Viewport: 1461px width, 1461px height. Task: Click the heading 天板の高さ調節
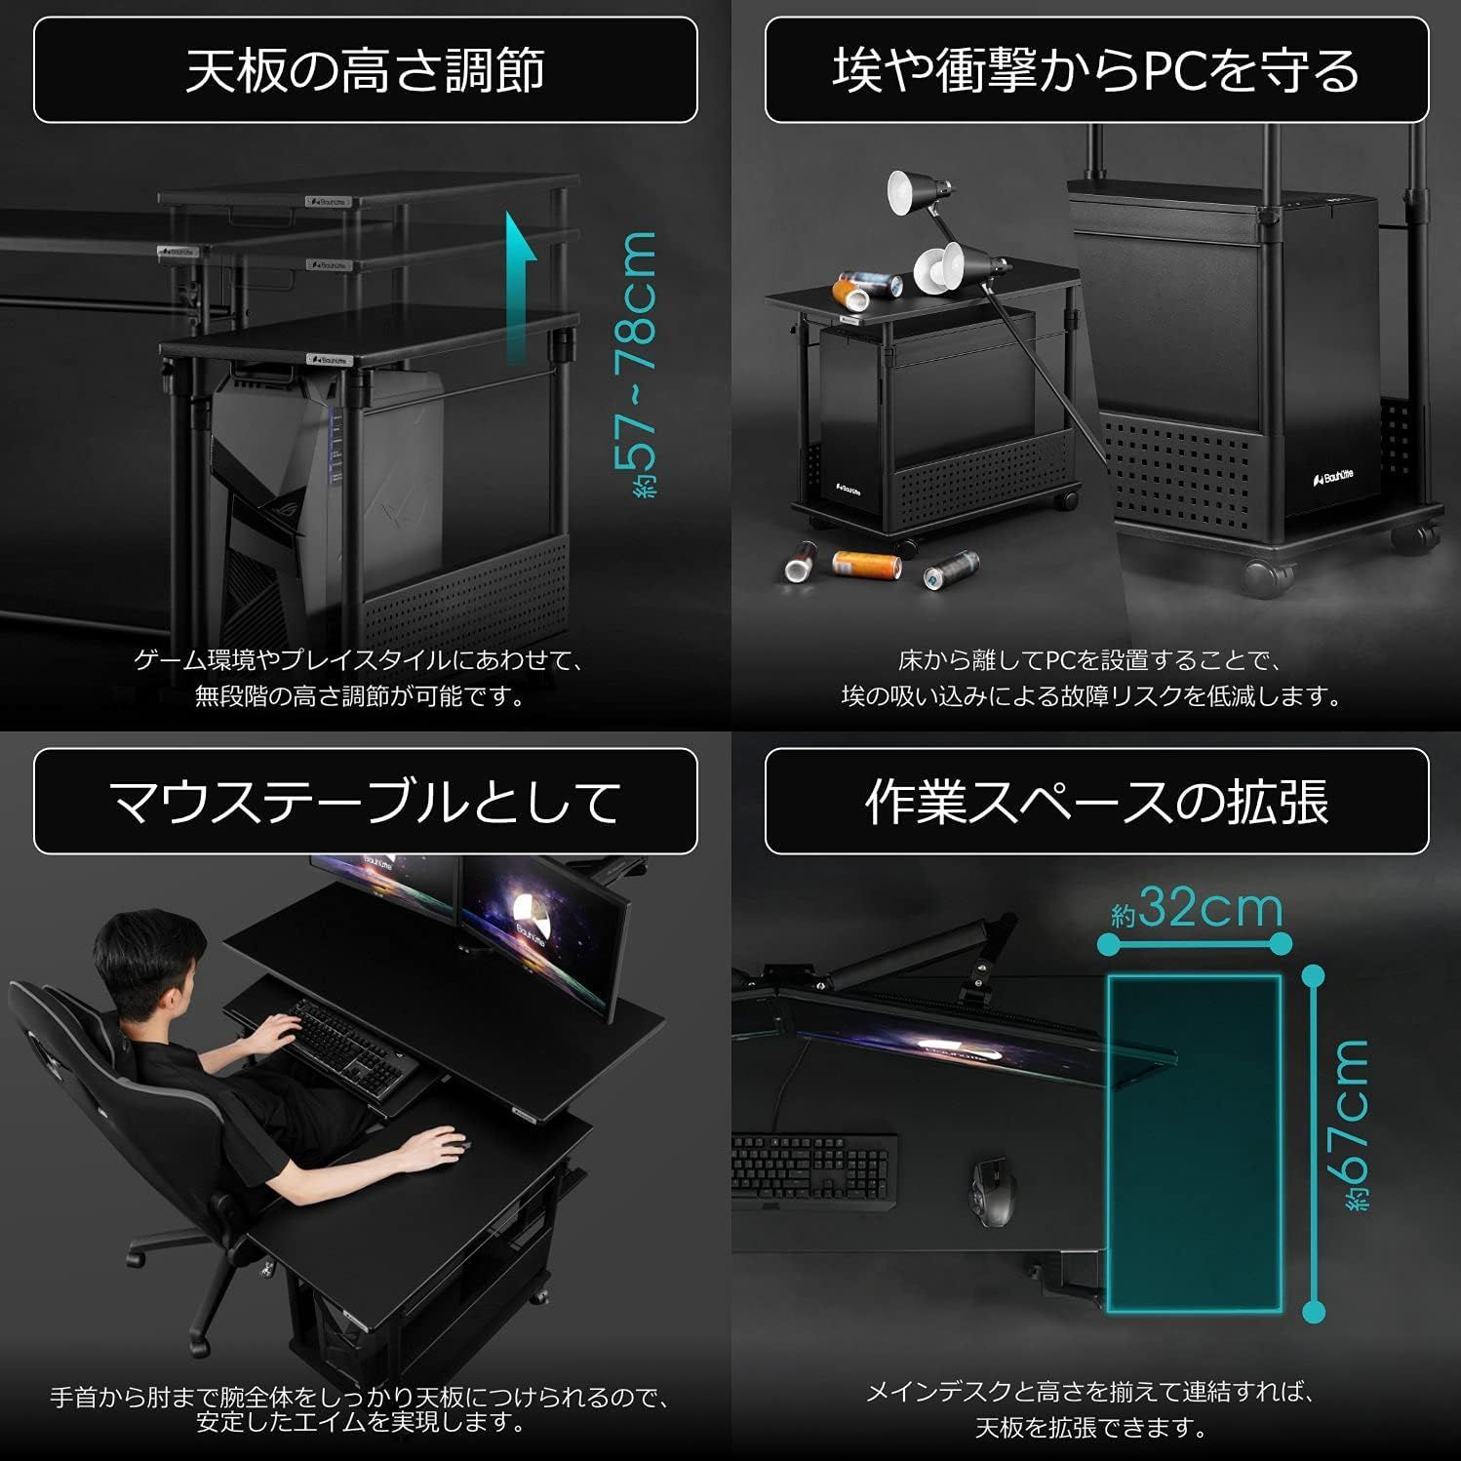coord(365,70)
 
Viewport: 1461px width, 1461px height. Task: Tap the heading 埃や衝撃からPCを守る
coord(1095,70)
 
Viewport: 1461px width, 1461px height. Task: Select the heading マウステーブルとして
coord(365,802)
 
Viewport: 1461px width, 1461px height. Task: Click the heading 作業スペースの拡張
coord(1095,802)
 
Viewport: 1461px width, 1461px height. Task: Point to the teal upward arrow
coord(521,283)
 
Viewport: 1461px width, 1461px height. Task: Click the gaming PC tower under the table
coord(322,488)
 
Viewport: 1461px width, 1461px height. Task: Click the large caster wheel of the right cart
coord(1268,575)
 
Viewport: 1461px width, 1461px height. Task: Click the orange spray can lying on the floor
coord(865,564)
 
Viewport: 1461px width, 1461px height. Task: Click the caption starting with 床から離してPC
coord(1089,660)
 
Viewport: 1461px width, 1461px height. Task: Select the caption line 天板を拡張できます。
coord(1091,1428)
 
